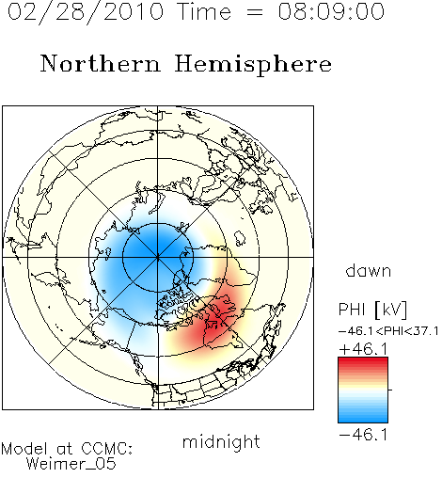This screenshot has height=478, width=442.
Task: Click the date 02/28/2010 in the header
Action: pos(86,11)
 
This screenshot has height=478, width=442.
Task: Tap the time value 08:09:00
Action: pos(331,11)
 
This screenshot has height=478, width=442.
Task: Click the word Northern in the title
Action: pos(101,63)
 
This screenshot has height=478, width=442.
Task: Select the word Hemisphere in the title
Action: pos(253,65)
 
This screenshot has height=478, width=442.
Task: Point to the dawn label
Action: pos(369,270)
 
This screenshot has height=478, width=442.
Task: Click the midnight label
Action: pos(221,441)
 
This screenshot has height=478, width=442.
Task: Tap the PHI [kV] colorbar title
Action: pos(372,310)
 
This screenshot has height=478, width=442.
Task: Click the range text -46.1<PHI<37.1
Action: pos(388,331)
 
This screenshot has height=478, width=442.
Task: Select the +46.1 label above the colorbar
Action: pos(364,349)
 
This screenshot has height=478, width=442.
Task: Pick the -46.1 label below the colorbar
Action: pos(364,435)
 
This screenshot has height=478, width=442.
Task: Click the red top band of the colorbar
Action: pos(363,361)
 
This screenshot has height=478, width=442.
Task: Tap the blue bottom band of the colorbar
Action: pos(363,419)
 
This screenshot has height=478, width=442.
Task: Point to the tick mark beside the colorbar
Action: pos(390,390)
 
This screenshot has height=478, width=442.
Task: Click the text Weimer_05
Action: pos(71,464)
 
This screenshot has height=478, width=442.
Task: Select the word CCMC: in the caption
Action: pos(106,449)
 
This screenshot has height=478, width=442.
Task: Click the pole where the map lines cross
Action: pos(158,257)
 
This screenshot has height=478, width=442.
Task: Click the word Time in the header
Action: pos(204,11)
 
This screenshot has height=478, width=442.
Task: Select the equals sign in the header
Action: pos(255,12)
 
